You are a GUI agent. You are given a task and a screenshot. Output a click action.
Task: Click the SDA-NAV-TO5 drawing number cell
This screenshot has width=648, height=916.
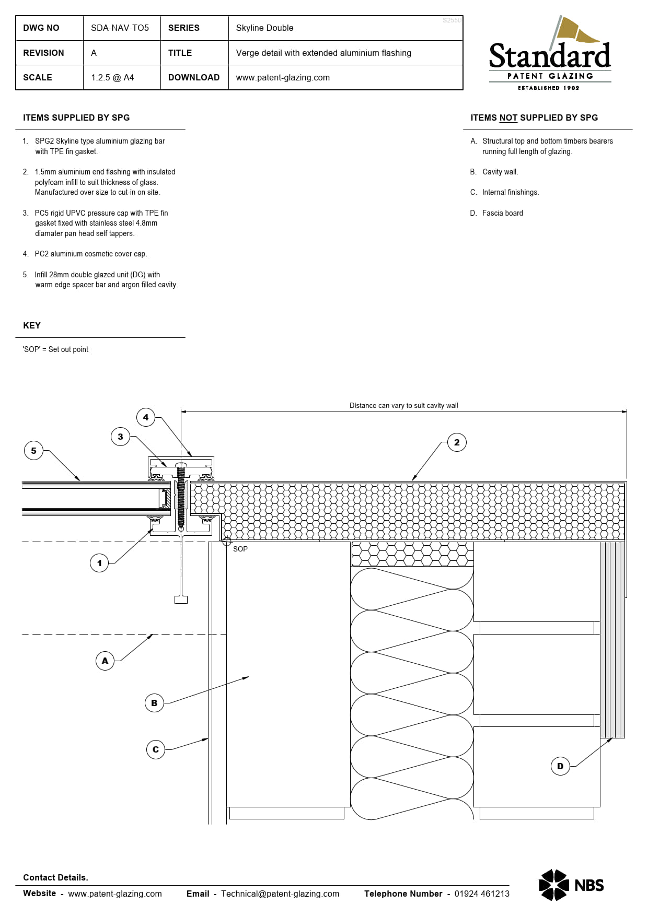pyautogui.click(x=120, y=28)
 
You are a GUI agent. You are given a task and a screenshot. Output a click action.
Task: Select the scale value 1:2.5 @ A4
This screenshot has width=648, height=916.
pyautogui.click(x=112, y=77)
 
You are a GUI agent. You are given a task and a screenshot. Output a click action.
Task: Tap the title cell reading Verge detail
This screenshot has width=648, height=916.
pyautogui.click(x=323, y=53)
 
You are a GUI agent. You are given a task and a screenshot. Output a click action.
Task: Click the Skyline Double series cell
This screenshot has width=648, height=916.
pyautogui.click(x=264, y=28)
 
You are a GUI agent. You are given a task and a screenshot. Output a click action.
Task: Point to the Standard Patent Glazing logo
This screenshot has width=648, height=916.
pyautogui.click(x=550, y=55)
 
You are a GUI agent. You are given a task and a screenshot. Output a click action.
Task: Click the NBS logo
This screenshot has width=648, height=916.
pyautogui.click(x=571, y=885)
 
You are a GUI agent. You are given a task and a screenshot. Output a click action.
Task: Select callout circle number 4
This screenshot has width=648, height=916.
pyautogui.click(x=146, y=417)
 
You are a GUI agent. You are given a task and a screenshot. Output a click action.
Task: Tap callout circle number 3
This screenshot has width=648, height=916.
pyautogui.click(x=120, y=437)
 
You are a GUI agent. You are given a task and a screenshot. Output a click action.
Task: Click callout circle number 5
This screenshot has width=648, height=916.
pyautogui.click(x=33, y=451)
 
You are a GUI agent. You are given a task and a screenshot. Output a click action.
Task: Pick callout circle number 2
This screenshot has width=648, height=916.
pyautogui.click(x=457, y=442)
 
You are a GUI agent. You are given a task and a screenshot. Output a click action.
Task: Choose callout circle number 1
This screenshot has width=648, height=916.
pyautogui.click(x=99, y=563)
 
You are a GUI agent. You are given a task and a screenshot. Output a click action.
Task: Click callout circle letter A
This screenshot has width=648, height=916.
pyautogui.click(x=105, y=661)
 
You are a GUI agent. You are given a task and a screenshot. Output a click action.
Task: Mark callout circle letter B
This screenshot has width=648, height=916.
pyautogui.click(x=154, y=703)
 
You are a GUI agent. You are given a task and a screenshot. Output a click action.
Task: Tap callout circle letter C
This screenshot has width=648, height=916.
pyautogui.click(x=155, y=749)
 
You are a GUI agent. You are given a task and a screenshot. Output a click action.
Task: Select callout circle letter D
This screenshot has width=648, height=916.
pyautogui.click(x=560, y=766)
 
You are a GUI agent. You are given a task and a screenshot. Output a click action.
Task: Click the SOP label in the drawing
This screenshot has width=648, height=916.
pyautogui.click(x=240, y=549)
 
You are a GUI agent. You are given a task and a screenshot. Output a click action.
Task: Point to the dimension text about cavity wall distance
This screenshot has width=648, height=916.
pyautogui.click(x=403, y=405)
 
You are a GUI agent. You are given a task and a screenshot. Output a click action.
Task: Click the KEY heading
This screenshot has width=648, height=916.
pyautogui.click(x=32, y=325)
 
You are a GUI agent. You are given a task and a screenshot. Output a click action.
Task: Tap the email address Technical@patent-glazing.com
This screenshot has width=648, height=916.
pyautogui.click(x=280, y=894)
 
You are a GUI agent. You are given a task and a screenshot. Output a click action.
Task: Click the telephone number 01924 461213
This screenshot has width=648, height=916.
pyautogui.click(x=481, y=894)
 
